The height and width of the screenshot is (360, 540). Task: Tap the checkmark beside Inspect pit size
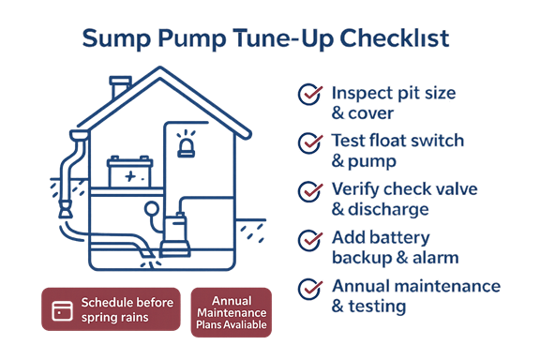308,94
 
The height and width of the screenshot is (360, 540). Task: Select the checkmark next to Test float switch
308,142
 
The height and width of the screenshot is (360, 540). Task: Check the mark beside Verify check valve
308,191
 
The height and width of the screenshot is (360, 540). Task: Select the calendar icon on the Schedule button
64,307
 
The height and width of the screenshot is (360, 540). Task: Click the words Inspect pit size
394,93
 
